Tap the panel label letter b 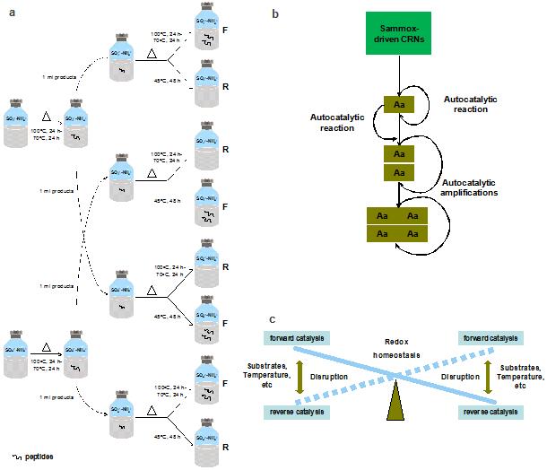click(274, 14)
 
